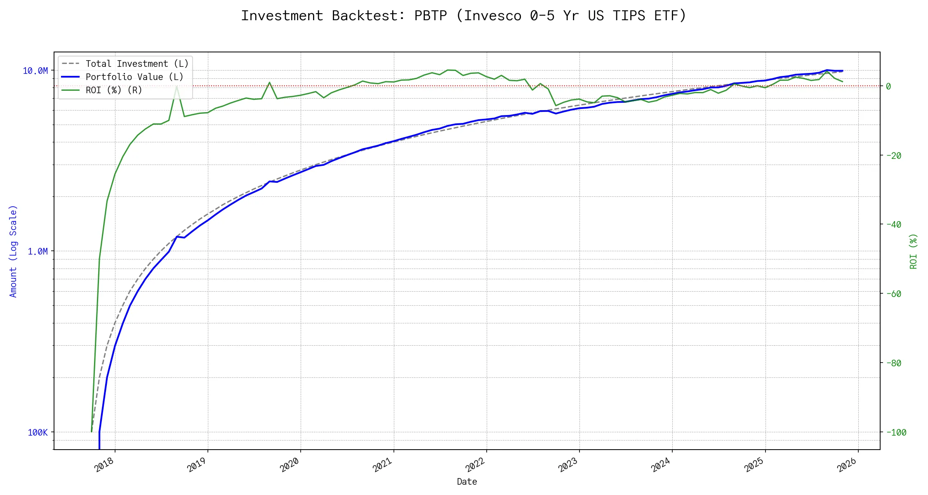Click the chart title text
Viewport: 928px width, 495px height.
464,16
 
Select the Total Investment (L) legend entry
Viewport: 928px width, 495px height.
137,64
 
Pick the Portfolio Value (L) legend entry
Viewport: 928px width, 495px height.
134,77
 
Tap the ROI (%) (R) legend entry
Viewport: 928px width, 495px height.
113,90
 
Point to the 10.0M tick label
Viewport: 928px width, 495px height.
35,71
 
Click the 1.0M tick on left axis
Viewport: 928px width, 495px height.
38,252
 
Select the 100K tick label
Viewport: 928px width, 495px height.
38,432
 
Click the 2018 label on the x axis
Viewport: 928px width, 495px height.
104,465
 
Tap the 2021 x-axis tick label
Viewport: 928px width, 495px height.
382,465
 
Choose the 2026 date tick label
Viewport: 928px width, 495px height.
847,465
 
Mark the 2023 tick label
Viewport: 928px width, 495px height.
568,465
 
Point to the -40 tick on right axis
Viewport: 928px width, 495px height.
893,224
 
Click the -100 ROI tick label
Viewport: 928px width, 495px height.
895,432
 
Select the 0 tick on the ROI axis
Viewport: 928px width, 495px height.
888,86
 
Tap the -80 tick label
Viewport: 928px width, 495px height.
893,363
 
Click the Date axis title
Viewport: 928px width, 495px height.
467,482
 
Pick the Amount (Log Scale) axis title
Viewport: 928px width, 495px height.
13,251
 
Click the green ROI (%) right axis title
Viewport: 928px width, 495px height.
914,251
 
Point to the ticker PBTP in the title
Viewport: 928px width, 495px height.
431,16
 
